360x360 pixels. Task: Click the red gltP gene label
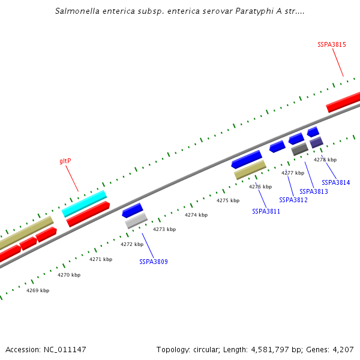coord(65,161)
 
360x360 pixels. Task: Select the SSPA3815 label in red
coord(331,44)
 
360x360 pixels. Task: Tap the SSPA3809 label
coord(154,262)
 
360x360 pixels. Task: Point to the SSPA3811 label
coord(266,211)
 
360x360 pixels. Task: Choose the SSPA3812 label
coord(293,200)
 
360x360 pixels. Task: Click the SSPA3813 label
coord(314,191)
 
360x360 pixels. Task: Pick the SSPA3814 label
coord(335,182)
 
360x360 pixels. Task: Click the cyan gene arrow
coord(84,203)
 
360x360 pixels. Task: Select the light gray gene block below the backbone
coord(136,221)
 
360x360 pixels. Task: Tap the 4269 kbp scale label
coord(38,290)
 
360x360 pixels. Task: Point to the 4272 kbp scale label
coord(132,244)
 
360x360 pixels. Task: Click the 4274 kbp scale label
coord(196,215)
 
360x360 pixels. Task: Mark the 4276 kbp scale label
coord(260,187)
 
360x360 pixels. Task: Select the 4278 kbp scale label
coord(325,160)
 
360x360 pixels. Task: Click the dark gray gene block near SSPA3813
coord(300,149)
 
